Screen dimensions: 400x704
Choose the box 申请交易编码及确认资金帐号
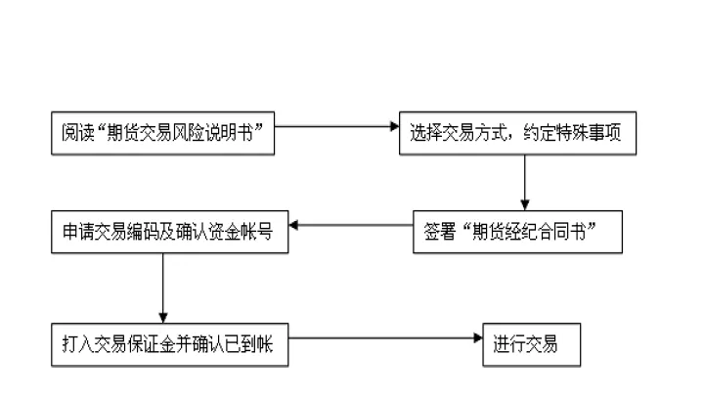coord(169,233)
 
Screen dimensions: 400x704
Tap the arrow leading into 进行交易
coord(385,339)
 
